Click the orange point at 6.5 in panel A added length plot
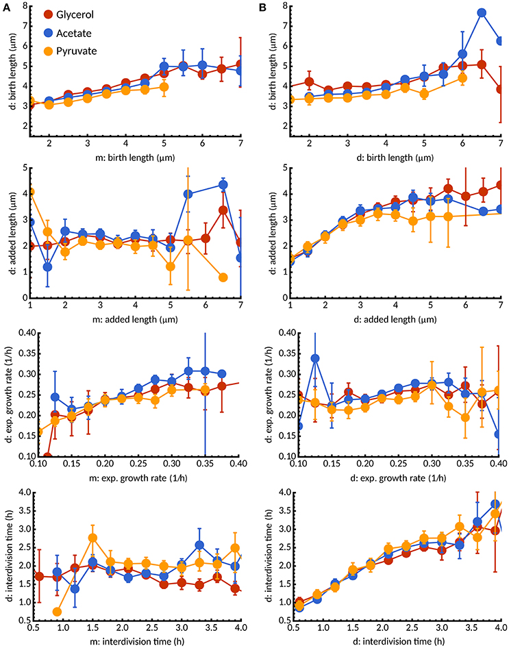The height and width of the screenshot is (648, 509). [223, 277]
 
